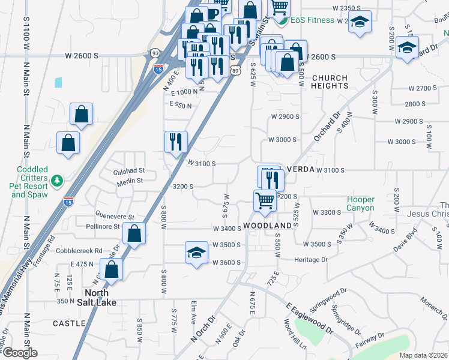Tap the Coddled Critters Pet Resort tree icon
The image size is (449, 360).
click(x=58, y=180)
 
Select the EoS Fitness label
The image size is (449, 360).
click(x=312, y=20)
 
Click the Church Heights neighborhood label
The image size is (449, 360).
click(x=330, y=82)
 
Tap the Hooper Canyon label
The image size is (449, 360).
click(x=360, y=204)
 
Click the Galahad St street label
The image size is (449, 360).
click(x=129, y=171)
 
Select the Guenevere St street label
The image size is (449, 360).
click(x=115, y=216)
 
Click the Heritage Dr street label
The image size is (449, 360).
click(x=311, y=260)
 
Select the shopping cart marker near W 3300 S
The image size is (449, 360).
click(x=264, y=200)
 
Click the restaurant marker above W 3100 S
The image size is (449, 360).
click(x=176, y=142)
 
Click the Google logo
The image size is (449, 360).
click(x=19, y=353)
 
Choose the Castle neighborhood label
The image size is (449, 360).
click(x=69, y=323)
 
